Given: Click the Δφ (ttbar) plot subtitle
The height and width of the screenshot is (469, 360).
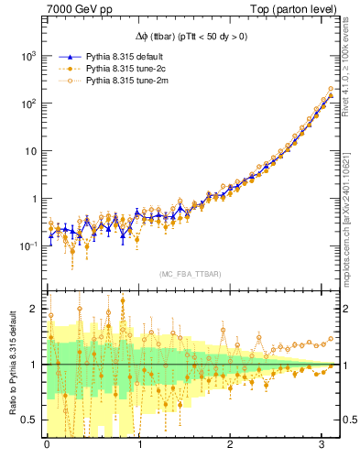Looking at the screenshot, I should point(191,37).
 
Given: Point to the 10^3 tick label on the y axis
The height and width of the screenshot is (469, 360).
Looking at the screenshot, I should point(28,56).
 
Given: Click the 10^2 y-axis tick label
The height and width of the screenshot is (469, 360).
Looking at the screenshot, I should point(28,104).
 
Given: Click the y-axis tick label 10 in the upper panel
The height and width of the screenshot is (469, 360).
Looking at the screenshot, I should point(31,151).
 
